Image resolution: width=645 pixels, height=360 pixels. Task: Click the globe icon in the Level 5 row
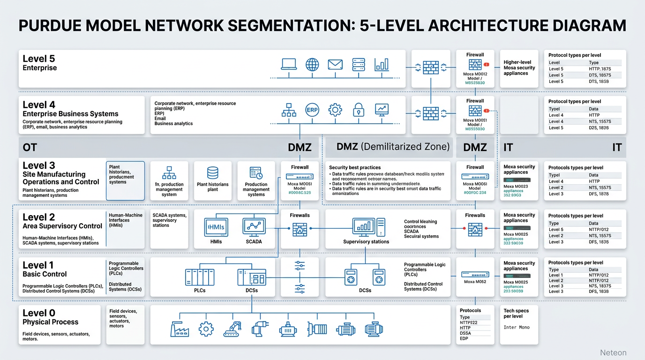[312, 64]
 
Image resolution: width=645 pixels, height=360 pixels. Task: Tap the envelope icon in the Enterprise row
[335, 64]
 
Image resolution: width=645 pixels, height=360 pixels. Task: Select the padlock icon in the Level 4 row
[359, 110]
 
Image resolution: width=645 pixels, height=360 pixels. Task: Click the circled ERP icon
[312, 110]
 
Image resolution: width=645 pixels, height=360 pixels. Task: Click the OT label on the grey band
[30, 148]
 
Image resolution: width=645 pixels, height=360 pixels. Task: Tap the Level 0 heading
[39, 313]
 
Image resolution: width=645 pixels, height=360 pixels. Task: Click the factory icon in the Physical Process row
[179, 329]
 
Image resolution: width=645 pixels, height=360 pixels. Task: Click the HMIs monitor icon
[216, 227]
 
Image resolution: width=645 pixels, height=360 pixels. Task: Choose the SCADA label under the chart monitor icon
[254, 241]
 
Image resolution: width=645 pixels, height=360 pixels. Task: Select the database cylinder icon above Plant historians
[213, 173]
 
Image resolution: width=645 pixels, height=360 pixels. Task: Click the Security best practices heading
[355, 167]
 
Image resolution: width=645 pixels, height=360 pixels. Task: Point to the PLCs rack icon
[200, 277]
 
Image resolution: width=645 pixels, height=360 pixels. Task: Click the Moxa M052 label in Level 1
[475, 282]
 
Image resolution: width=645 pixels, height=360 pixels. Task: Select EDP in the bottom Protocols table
[464, 338]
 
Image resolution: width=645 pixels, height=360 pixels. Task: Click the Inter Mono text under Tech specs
[516, 327]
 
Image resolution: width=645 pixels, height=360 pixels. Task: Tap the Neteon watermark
[613, 352]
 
